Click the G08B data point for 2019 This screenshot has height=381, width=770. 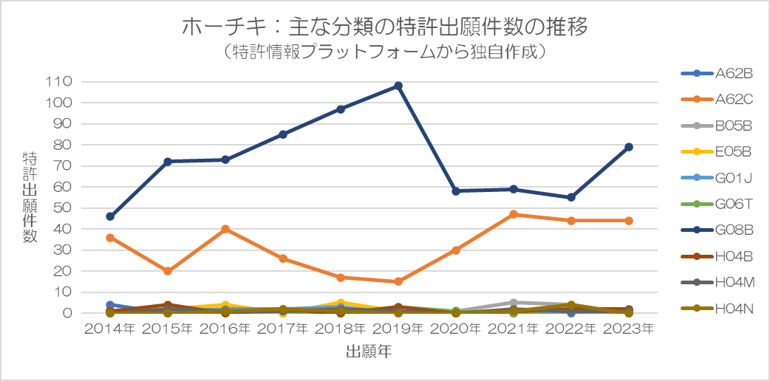(x=398, y=86)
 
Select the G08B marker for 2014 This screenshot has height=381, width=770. (x=110, y=216)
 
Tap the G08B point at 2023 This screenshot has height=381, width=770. (x=629, y=147)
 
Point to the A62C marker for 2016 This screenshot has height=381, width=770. (x=225, y=229)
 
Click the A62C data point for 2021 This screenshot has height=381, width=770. (x=514, y=214)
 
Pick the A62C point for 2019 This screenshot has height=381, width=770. (x=398, y=281)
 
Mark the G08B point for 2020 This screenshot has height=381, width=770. (x=456, y=191)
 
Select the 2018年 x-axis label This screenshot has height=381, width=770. (x=341, y=329)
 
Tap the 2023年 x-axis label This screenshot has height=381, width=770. (x=629, y=329)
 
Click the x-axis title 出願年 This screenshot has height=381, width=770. (x=369, y=352)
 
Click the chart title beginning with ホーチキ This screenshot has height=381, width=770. (x=384, y=27)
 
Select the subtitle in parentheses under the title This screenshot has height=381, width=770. (x=384, y=52)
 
